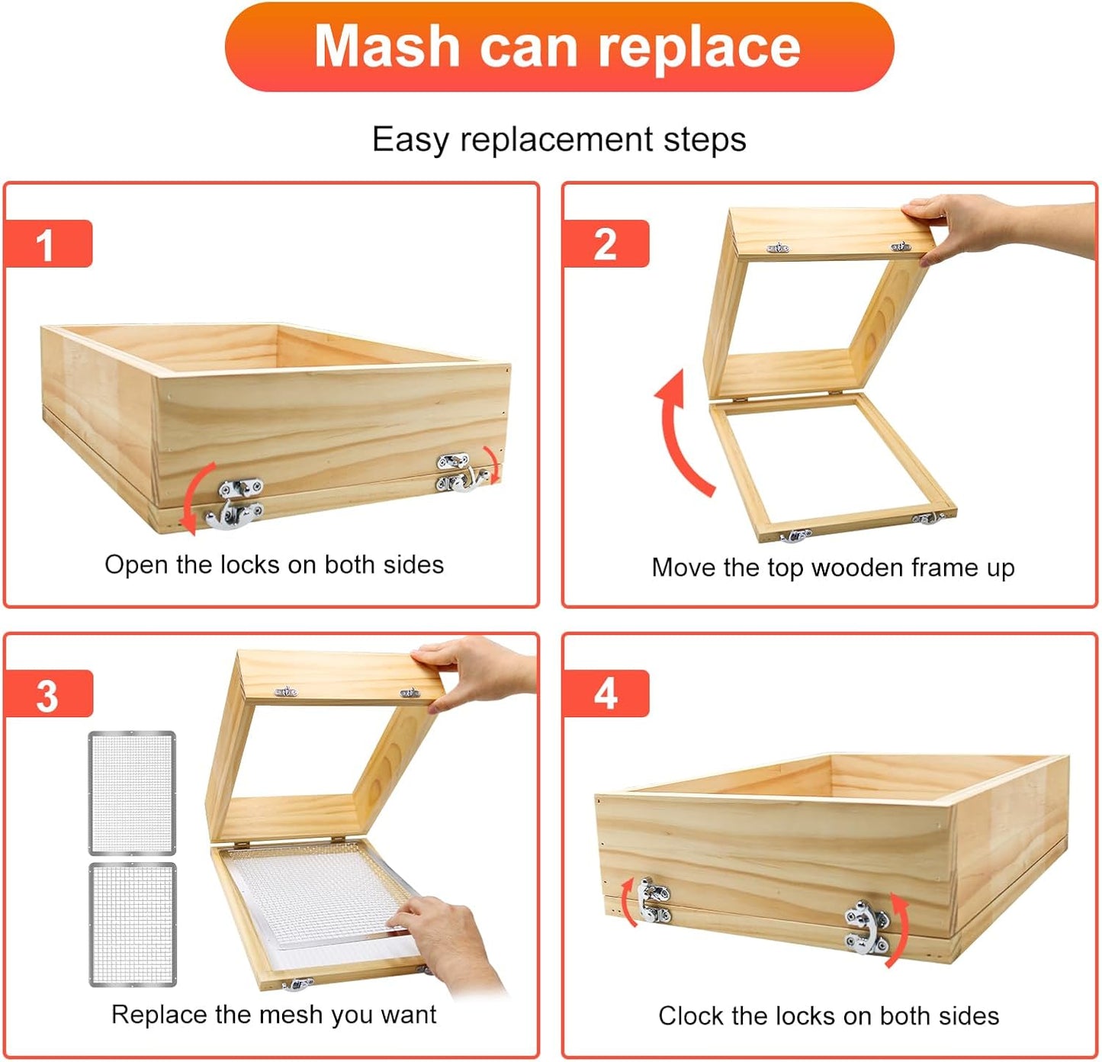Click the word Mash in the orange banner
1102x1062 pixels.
(x=387, y=47)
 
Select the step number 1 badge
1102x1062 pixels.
(x=48, y=243)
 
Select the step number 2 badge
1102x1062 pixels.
(x=606, y=243)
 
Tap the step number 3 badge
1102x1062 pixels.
(x=48, y=694)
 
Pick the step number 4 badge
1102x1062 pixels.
(x=606, y=694)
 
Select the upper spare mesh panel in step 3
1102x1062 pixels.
(x=132, y=793)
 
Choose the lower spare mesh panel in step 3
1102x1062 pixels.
(x=133, y=925)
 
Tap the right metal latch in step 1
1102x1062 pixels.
(x=461, y=471)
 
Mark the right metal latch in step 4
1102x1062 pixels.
(x=867, y=927)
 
